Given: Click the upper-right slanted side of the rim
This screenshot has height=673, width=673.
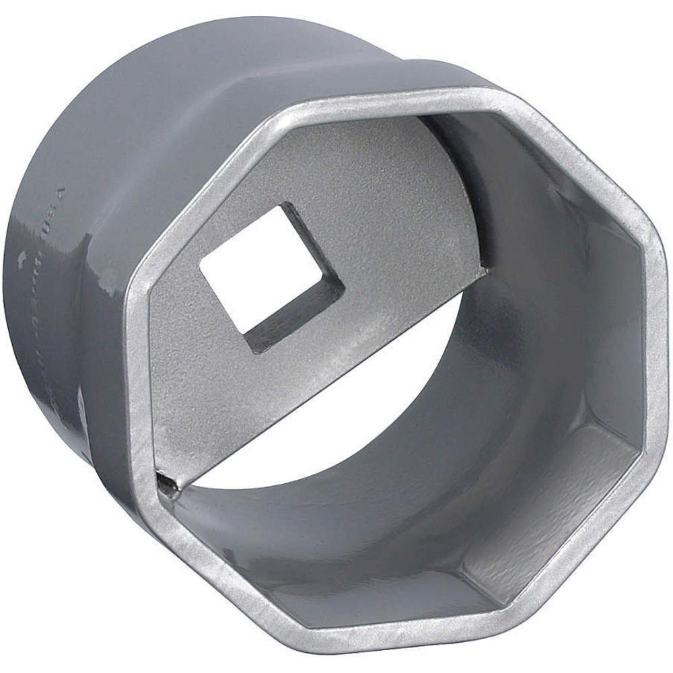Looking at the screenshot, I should [x=572, y=155].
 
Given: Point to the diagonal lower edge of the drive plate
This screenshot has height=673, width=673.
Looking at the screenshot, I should [x=323, y=377].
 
